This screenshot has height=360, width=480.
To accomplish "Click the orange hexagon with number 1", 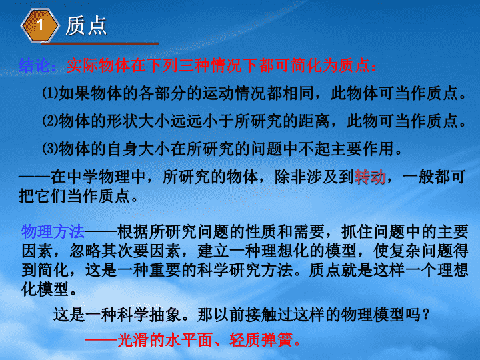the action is tap(40, 25).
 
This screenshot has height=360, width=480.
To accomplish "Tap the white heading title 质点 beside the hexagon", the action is tap(86, 26).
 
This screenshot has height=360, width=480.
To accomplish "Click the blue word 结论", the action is tap(34, 65).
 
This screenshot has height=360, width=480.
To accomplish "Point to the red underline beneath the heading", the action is tap(100, 43).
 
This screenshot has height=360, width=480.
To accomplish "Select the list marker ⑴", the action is tap(50, 93).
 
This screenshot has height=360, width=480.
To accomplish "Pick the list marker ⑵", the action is tap(50, 121).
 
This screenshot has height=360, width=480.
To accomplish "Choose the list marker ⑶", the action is tap(50, 149).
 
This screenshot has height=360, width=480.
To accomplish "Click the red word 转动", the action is tap(370, 177).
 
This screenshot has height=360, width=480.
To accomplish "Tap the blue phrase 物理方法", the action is tap(53, 231).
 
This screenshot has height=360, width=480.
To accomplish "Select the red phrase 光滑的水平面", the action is tap(165, 340).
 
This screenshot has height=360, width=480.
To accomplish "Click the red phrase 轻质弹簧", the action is tap(261, 340).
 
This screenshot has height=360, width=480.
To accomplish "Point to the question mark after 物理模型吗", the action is tap(425, 315).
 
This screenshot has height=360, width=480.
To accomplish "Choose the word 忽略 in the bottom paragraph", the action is tap(85, 251).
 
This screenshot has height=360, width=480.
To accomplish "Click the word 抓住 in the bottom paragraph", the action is tap(357, 231).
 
